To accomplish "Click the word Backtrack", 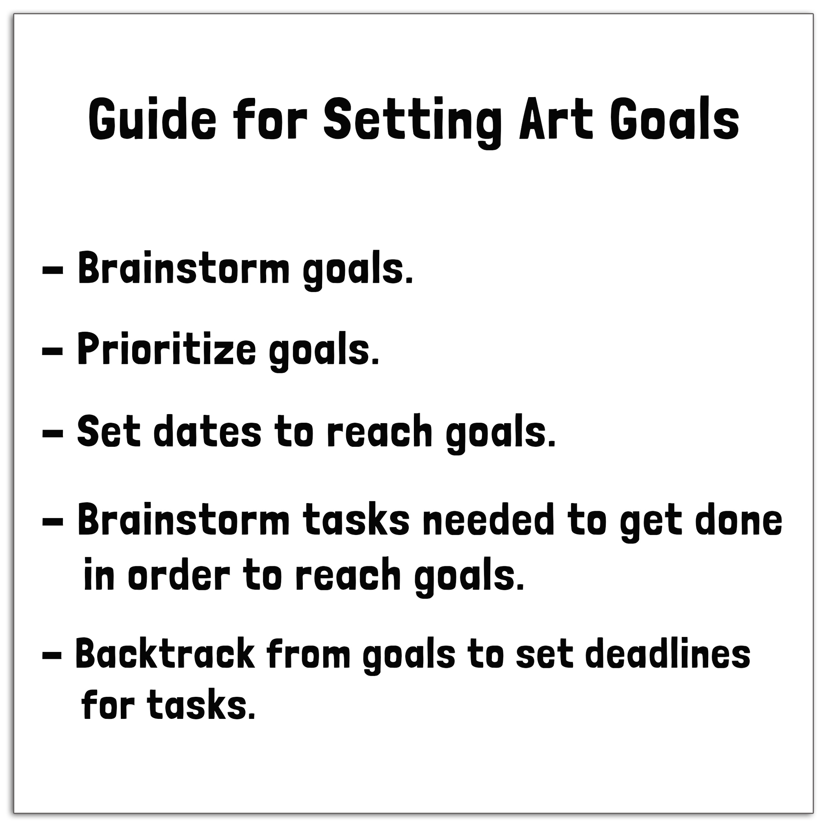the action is [165, 653].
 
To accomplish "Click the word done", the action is [739, 520].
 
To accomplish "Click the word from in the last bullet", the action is [309, 653].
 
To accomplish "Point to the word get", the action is [651, 523].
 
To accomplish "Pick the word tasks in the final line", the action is [201, 706].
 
